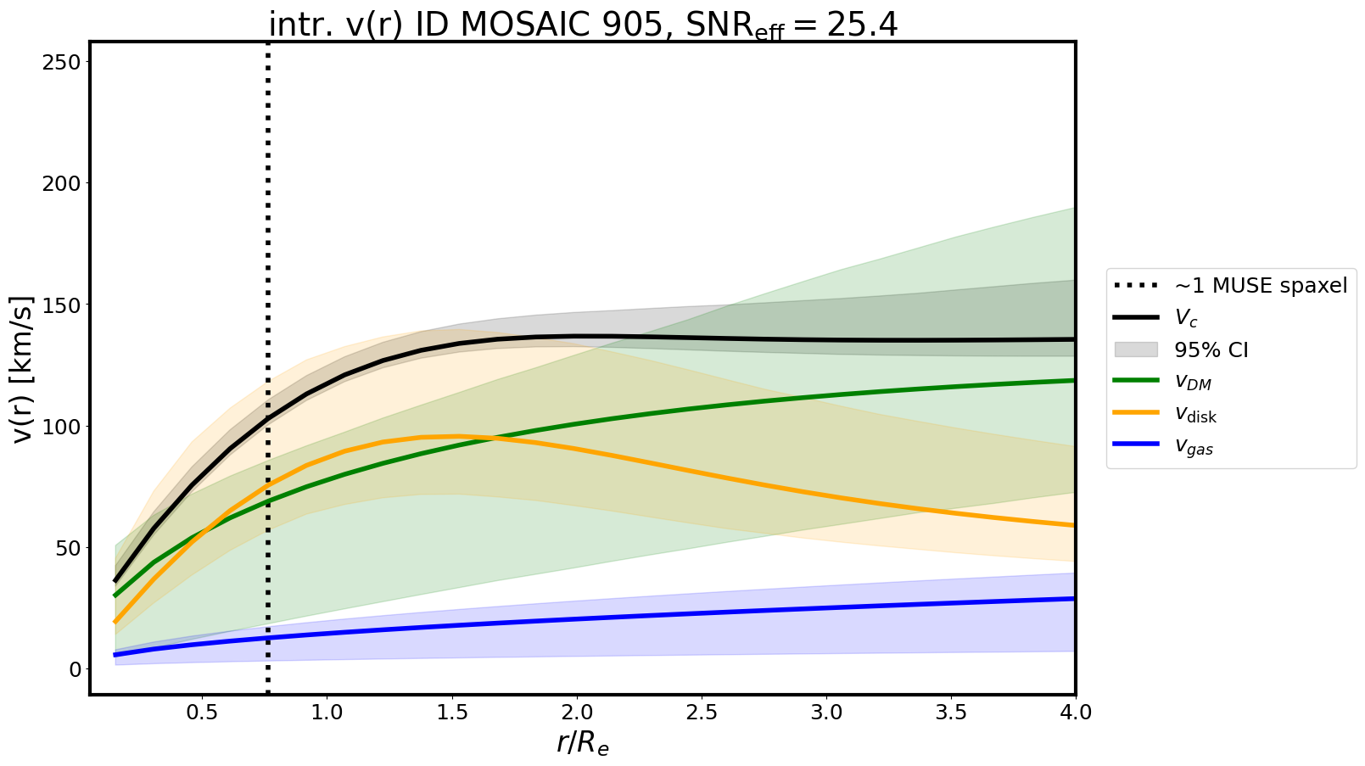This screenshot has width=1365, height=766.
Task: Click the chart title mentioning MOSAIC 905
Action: click(x=583, y=25)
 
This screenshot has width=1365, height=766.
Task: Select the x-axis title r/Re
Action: click(x=583, y=743)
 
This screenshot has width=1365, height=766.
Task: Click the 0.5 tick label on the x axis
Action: click(x=202, y=713)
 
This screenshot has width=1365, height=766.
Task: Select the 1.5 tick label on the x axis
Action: click(x=451, y=713)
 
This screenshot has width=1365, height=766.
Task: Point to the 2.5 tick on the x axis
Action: click(x=701, y=713)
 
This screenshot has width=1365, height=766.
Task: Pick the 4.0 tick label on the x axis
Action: click(x=1075, y=713)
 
